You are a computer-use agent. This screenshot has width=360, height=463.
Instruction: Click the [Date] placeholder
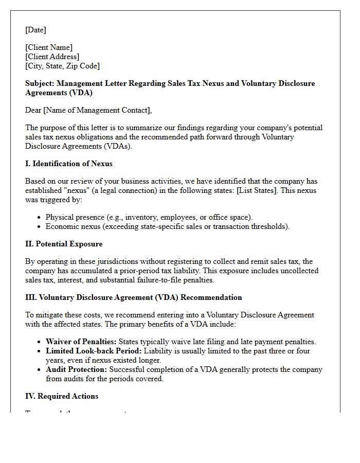point(35,30)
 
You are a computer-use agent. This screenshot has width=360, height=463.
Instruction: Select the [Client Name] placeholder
point(49,47)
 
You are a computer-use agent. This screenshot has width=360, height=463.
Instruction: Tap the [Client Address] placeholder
point(52,57)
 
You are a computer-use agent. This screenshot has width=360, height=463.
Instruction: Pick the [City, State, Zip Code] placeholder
point(62,66)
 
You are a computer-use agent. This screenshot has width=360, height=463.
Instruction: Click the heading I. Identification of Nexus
point(68,164)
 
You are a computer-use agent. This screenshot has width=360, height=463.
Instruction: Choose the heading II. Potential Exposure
point(64,244)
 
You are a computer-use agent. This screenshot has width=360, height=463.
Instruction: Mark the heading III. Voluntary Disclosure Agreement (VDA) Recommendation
point(133,297)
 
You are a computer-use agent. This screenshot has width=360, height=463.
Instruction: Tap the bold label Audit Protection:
point(76,369)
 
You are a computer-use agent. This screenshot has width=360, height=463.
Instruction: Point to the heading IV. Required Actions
point(62,396)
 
